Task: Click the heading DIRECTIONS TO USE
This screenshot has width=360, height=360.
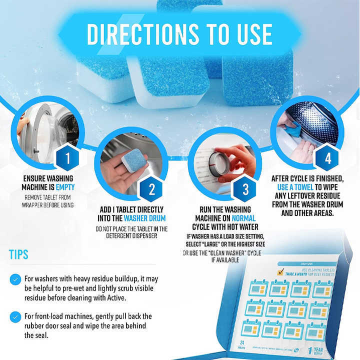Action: click(x=179, y=34)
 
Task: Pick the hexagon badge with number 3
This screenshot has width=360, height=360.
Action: click(x=245, y=189)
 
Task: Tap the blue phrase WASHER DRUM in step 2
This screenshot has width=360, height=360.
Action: click(x=144, y=218)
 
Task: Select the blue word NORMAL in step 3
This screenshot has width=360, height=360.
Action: click(x=244, y=218)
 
